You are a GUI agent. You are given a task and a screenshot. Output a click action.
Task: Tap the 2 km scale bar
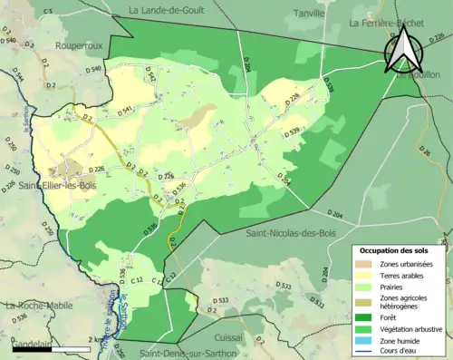pyautogui.click(x=54, y=345)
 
